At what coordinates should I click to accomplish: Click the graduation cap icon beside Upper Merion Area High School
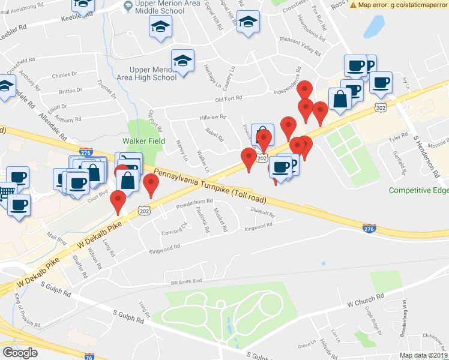182,61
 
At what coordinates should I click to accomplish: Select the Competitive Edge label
418,190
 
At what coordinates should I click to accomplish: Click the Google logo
20,353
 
